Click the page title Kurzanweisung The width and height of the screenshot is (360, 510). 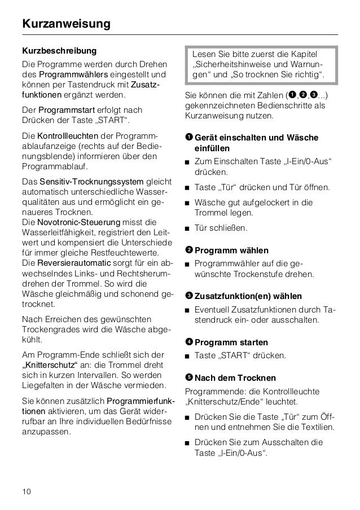pos(67,24)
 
